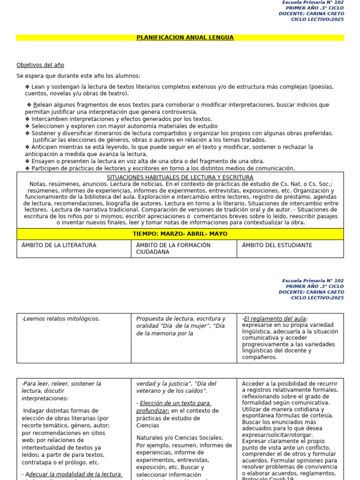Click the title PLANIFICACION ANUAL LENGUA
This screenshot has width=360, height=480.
(185, 37)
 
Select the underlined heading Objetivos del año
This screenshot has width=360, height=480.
(40, 65)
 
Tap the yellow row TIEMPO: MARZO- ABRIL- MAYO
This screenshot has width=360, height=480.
(180, 234)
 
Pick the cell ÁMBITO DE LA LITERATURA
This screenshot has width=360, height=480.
(59, 245)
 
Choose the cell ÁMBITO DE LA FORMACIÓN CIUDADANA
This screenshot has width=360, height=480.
(173, 248)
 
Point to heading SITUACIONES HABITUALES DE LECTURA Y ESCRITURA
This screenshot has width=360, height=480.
(180, 178)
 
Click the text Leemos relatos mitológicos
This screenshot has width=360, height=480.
(61, 319)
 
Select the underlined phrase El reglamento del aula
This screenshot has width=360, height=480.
(276, 319)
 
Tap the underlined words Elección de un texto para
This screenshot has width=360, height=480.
(174, 403)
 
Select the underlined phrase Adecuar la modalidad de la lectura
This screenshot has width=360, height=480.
(73, 474)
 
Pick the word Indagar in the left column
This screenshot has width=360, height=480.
(34, 411)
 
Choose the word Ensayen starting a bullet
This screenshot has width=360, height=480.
(43, 161)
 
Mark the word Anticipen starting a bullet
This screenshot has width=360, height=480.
(45, 147)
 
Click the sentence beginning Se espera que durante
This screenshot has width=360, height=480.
(78, 76)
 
